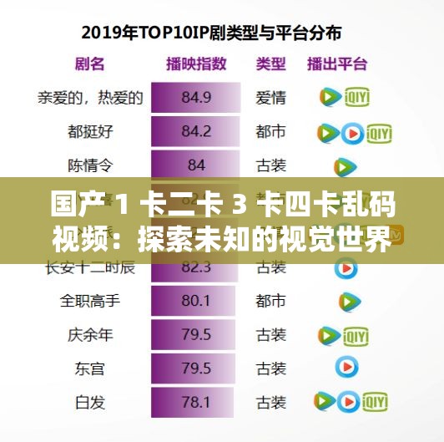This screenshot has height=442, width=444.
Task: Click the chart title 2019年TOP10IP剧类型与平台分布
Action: [x=221, y=34]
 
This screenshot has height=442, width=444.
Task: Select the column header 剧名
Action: [x=89, y=64]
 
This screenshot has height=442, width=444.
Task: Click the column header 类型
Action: [x=270, y=64]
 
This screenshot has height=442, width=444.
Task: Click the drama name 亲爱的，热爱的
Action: [x=90, y=98]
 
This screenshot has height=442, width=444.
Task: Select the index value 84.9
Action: [x=195, y=98]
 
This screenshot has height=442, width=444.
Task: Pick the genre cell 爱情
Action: [x=270, y=98]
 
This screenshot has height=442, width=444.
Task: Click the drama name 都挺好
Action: [x=90, y=131]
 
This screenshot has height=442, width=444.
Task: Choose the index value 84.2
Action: [x=195, y=131]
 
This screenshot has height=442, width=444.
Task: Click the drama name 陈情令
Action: [x=90, y=165]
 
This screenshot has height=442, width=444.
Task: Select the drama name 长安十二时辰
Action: [x=90, y=267]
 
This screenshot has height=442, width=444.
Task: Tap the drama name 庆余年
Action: [x=90, y=334]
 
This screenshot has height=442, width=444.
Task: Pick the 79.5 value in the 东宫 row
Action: [x=195, y=368]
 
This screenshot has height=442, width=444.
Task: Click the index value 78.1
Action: [x=195, y=403]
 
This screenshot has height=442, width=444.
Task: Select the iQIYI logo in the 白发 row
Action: [x=377, y=403]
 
